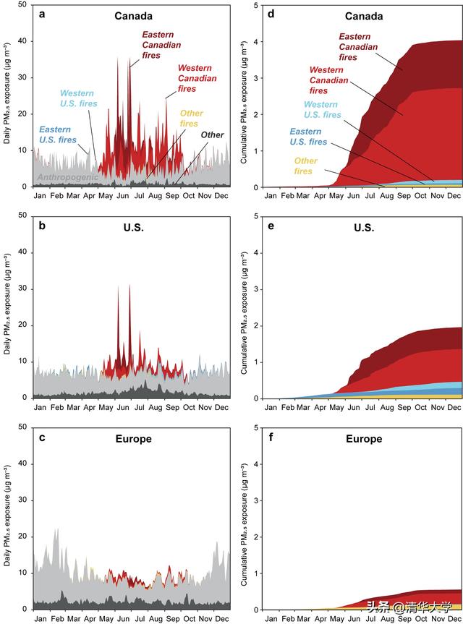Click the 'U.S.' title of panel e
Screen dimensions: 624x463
[x=364, y=227]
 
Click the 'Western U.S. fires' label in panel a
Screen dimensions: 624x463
[x=77, y=99]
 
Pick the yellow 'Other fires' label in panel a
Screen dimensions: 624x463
[x=192, y=119]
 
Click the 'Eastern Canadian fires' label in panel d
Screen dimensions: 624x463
[x=359, y=46]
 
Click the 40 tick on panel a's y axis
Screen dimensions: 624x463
[x=22, y=41]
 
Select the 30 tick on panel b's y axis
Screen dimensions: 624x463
[x=22, y=289]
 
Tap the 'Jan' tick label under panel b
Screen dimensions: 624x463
[x=40, y=409]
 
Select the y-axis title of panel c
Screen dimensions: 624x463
[x=7, y=518]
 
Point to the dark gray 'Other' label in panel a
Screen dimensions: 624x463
[x=212, y=135]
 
